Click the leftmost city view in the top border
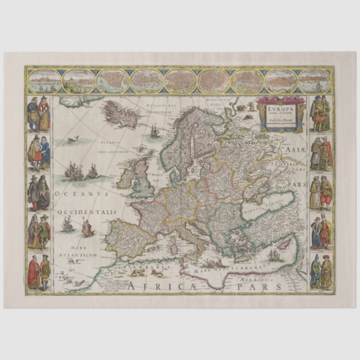tap(44, 82)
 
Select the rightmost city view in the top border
tap(314, 82)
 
